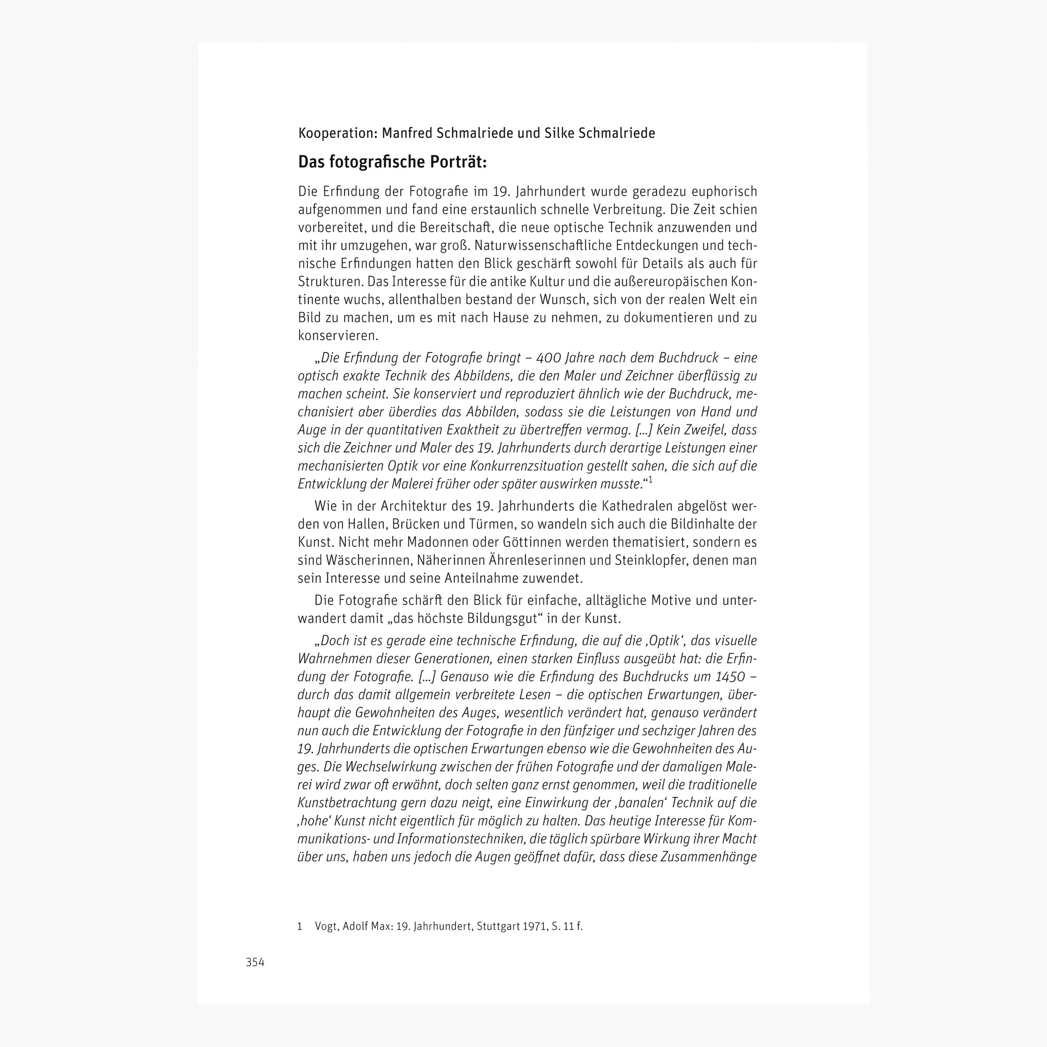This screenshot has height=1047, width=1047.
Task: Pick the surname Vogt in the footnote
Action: [327, 926]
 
